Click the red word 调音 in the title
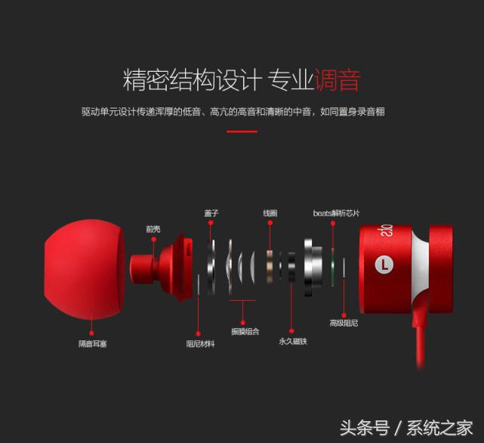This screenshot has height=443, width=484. coord(337,80)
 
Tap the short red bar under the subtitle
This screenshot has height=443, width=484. coord(242,132)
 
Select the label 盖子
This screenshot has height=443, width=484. coord(211,214)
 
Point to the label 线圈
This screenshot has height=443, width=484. coord(270,214)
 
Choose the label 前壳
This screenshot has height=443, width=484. coord(153,228)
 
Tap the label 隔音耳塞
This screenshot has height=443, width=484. coord(92,344)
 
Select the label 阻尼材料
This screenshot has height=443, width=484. coord(200,344)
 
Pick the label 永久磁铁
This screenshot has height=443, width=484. coord(293,342)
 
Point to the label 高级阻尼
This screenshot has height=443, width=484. coord(344,324)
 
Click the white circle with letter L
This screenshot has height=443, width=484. coord(384,265)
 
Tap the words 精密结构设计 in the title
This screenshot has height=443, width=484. coord(192,80)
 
